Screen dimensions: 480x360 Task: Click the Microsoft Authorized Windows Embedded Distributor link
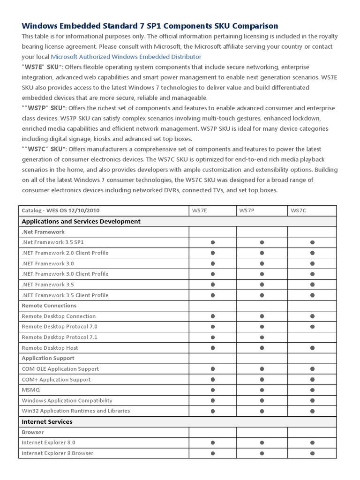(x=126, y=57)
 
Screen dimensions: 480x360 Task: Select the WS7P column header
(x=247, y=211)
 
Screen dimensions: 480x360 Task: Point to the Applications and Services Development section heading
(x=81, y=221)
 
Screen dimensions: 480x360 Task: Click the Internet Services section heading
(x=47, y=421)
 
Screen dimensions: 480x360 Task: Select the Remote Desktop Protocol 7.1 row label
(x=60, y=337)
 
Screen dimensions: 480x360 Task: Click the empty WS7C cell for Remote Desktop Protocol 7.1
(x=312, y=337)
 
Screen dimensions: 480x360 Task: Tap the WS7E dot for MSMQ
(x=213, y=390)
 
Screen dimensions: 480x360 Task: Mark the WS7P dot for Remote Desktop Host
(x=262, y=348)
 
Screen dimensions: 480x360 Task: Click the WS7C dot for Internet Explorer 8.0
(x=312, y=442)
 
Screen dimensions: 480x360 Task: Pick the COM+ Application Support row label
(x=56, y=379)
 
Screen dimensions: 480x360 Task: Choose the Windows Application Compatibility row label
(x=67, y=400)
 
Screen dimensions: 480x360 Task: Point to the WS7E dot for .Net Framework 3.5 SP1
(x=213, y=242)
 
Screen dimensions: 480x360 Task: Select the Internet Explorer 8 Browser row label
(x=57, y=453)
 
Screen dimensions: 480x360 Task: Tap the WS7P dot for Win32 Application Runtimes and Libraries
(x=262, y=411)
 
